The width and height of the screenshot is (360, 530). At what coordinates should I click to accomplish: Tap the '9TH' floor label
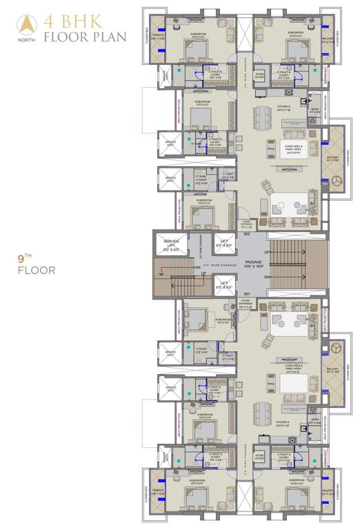tap(26, 259)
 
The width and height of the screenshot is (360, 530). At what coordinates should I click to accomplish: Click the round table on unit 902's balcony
tap(337, 180)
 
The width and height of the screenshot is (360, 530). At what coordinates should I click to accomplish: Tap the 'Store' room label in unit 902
tap(259, 74)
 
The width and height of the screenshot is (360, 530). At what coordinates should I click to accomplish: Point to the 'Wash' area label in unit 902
tap(314, 110)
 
